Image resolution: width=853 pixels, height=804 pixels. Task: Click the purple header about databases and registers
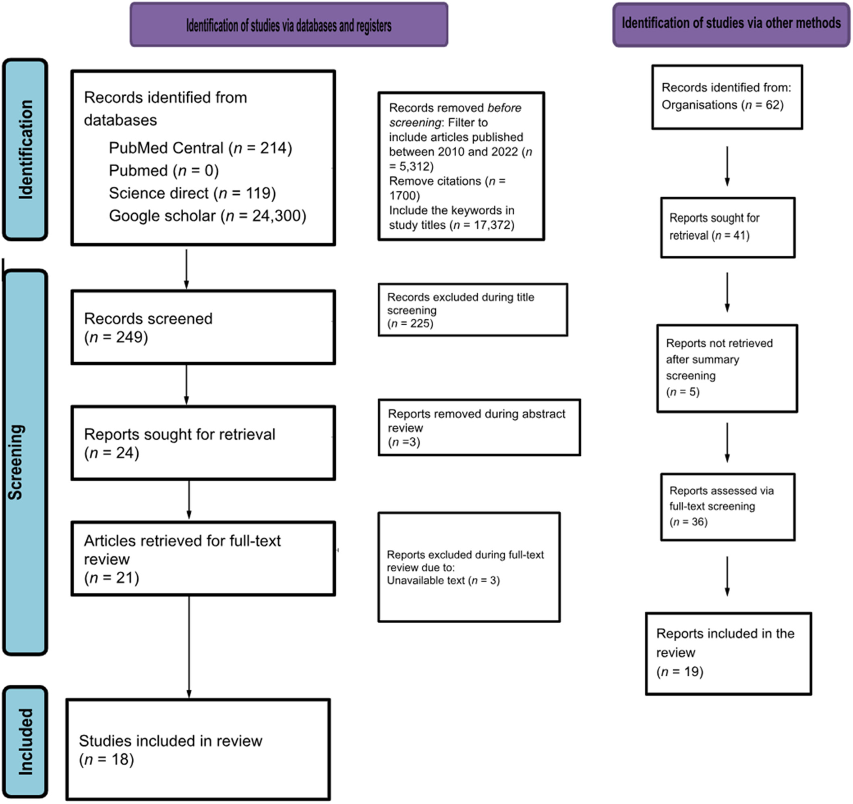289,25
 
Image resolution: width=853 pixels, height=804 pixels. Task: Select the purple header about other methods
731,25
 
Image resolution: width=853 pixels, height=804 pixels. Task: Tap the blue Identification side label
25,149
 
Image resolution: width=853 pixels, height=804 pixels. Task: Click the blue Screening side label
25,462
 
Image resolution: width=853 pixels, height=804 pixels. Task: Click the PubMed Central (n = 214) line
201,148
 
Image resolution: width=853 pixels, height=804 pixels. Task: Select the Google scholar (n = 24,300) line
208,216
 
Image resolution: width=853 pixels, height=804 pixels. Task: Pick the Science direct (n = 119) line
192,193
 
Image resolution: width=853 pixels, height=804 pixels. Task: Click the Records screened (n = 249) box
203,327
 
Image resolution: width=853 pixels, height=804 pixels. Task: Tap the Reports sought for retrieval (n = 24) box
203,443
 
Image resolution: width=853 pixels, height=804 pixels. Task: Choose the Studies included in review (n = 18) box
198,750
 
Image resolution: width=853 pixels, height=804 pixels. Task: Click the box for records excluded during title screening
473,310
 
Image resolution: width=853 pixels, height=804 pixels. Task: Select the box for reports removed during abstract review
479,427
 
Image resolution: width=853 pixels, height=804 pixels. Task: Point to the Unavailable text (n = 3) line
443,581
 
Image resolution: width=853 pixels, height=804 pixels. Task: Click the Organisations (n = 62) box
727,97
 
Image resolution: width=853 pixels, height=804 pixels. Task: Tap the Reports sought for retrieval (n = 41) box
728,227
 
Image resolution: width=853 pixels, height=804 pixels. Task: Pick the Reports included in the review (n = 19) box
729,653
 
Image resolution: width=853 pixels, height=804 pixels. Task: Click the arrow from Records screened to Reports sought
186,385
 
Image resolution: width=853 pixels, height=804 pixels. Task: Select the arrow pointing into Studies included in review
189,647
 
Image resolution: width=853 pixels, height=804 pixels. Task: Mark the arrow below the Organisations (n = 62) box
727,166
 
